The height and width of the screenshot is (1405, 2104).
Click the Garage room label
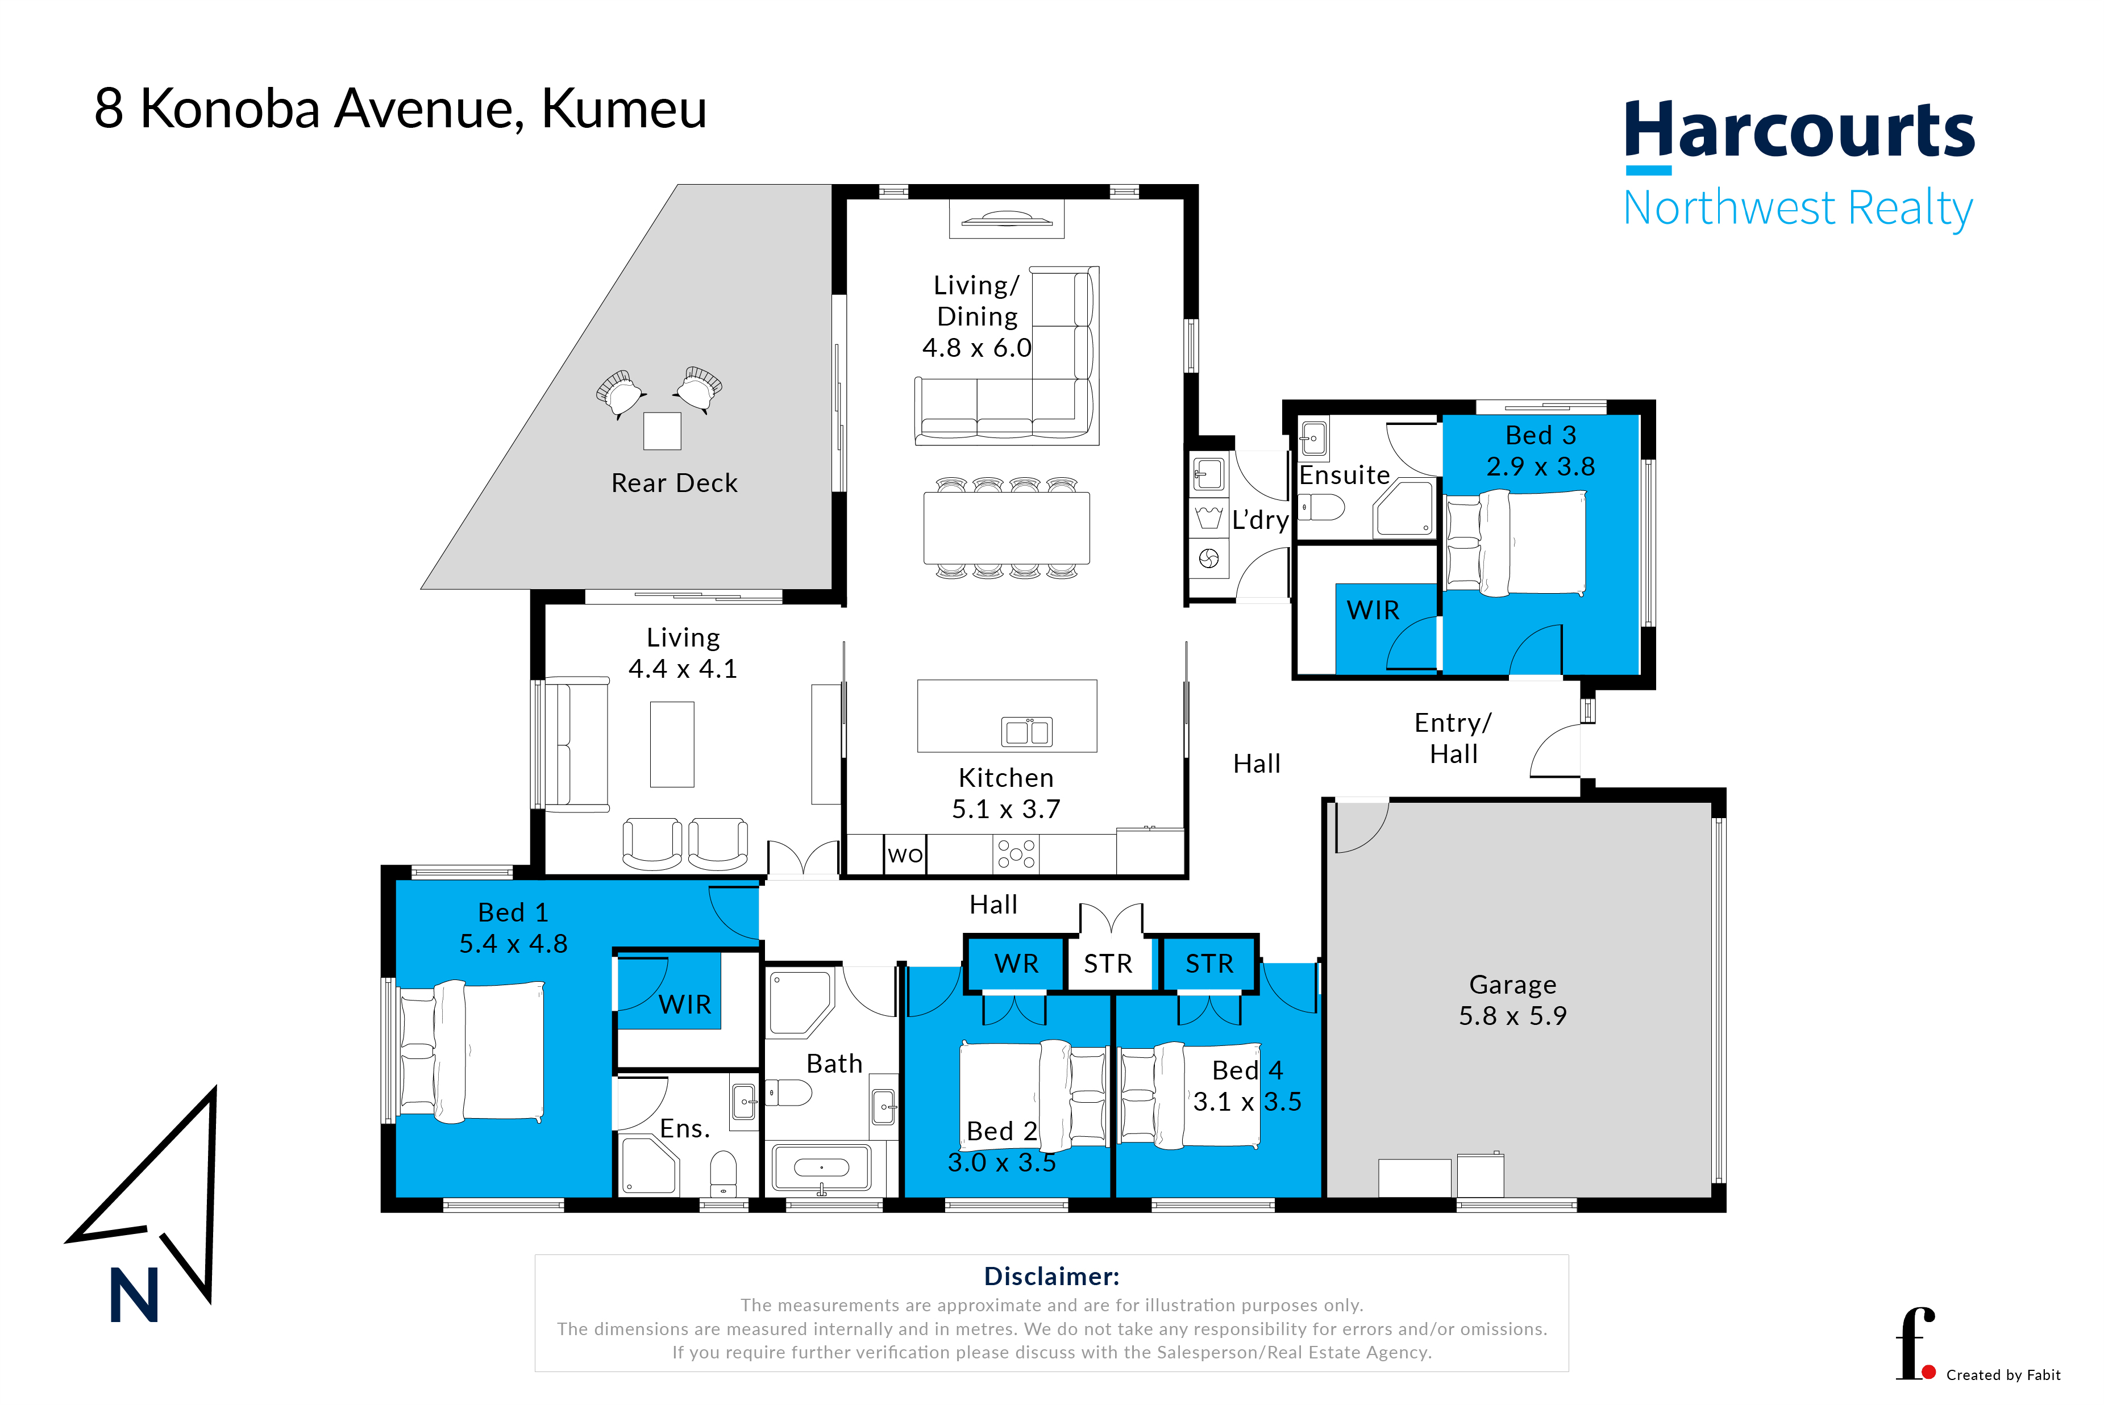point(1512,985)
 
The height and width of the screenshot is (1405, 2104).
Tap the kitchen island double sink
point(1026,731)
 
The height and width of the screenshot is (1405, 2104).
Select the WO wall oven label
point(905,855)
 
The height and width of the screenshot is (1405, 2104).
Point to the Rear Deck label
point(674,483)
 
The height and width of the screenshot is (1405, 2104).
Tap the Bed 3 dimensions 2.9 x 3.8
point(1540,467)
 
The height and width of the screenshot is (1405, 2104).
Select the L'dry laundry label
point(1261,520)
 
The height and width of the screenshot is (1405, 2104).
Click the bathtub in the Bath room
point(821,1168)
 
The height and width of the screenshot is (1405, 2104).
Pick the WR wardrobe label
point(1017,964)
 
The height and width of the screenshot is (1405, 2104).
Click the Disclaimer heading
point(1051,1276)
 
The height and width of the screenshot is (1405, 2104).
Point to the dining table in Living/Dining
point(1007,528)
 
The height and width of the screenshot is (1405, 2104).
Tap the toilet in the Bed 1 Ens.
point(722,1174)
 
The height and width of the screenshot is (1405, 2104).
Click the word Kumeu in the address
point(624,109)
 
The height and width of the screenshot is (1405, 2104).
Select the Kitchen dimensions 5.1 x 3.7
point(1006,809)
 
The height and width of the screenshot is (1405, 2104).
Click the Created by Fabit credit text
point(2003,1374)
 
